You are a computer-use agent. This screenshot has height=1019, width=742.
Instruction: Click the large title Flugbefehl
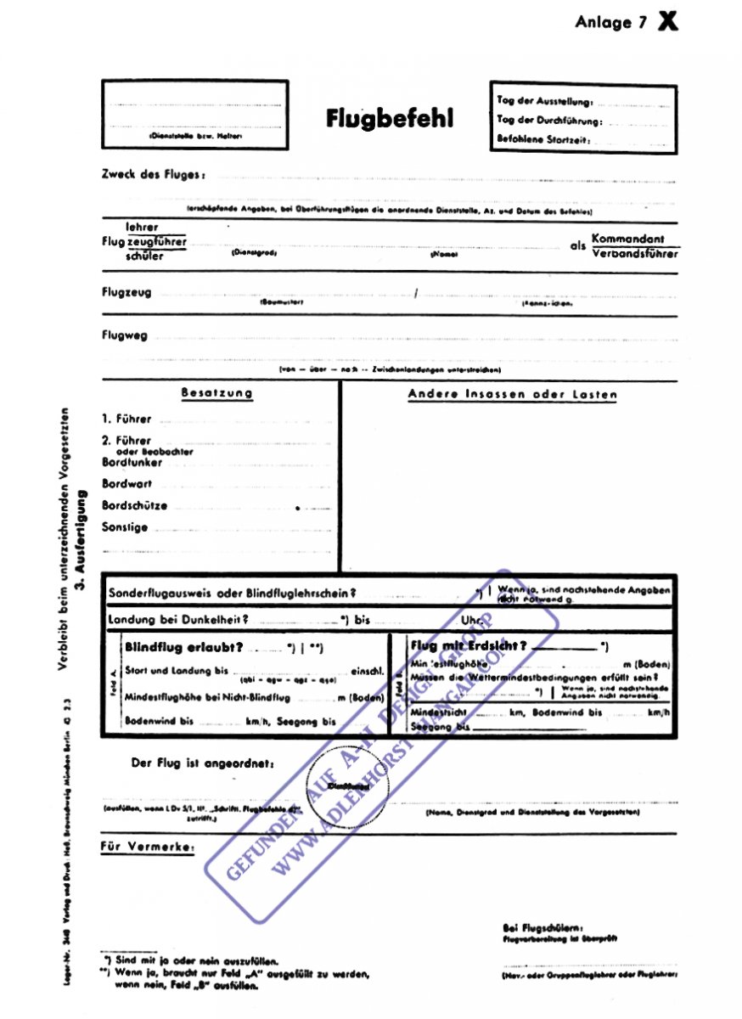(x=390, y=118)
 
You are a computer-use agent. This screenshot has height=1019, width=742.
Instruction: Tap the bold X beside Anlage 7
(x=668, y=22)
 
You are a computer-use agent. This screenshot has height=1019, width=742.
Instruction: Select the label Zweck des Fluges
(x=153, y=174)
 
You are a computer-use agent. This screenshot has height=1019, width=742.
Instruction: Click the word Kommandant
(x=628, y=239)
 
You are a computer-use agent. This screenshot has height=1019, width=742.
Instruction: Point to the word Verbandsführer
(x=634, y=253)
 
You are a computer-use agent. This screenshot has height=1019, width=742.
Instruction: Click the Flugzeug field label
(x=126, y=292)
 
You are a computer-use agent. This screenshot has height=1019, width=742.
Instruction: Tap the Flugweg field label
(x=124, y=335)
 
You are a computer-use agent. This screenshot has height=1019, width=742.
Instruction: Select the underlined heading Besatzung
(x=216, y=393)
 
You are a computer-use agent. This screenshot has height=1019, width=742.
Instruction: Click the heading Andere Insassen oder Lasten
(x=513, y=394)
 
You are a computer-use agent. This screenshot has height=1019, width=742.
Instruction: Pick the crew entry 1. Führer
(x=126, y=419)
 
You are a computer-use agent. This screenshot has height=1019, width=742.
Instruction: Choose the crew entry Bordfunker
(x=132, y=463)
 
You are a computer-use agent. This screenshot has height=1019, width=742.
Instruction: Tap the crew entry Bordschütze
(x=134, y=505)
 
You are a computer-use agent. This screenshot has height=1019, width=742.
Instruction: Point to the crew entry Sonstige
(x=125, y=527)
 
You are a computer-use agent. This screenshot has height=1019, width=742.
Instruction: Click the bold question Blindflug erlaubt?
(x=183, y=647)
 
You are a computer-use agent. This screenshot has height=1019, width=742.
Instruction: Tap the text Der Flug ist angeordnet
(x=202, y=763)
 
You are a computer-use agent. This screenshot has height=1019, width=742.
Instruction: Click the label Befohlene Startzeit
(x=543, y=139)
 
